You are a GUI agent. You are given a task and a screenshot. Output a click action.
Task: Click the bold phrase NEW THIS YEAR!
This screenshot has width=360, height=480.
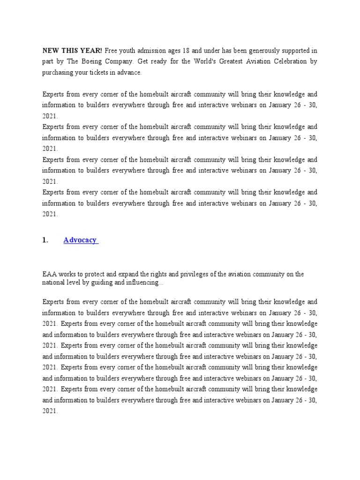coord(72,50)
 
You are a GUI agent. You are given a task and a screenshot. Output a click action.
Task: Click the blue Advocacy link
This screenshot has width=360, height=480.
coord(80,240)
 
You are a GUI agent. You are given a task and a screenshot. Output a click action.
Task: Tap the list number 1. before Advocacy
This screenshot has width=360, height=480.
coord(45,240)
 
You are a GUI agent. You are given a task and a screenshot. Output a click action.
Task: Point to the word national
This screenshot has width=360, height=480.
coord(53,282)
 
